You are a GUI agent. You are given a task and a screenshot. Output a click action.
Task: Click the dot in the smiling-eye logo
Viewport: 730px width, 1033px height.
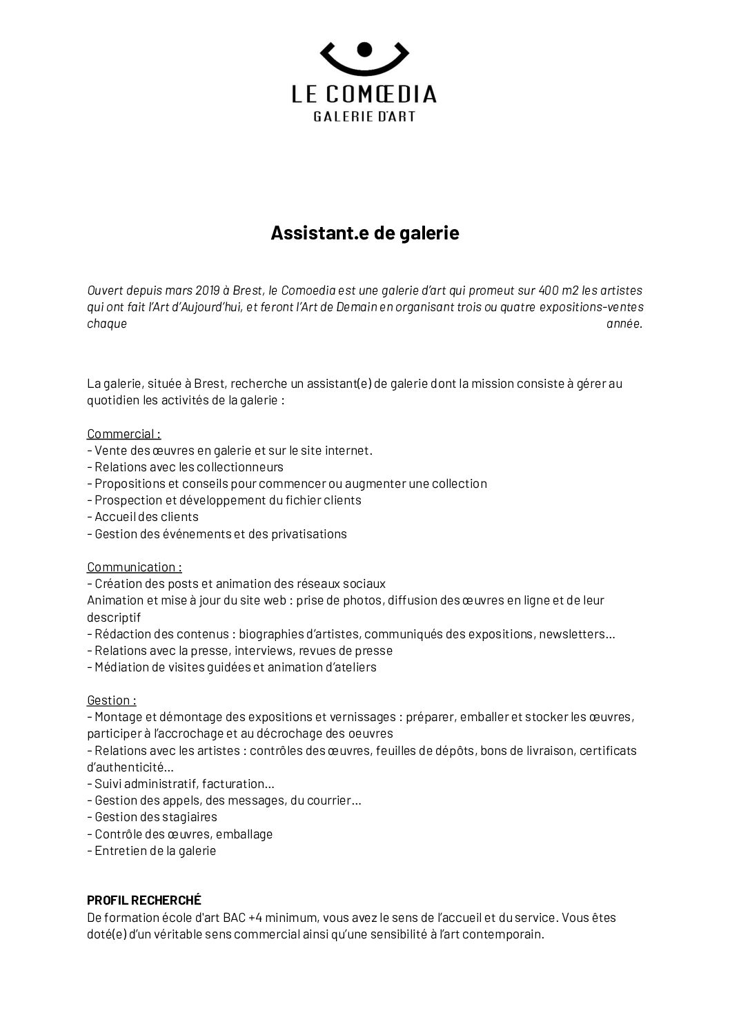(x=365, y=48)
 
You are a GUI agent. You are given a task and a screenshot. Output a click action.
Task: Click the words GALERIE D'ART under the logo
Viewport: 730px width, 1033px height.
(x=364, y=117)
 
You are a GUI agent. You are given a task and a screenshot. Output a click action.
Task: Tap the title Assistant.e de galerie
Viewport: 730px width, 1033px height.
(x=364, y=233)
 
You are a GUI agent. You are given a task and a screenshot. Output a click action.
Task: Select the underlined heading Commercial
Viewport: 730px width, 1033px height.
(x=124, y=434)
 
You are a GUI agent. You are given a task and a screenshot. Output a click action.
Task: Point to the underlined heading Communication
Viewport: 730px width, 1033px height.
(x=134, y=567)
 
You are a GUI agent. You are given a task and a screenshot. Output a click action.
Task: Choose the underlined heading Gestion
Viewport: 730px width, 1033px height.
(x=111, y=700)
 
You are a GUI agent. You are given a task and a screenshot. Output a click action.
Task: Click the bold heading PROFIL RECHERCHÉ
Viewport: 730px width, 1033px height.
(x=144, y=900)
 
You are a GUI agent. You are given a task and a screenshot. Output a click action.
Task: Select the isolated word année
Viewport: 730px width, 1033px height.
(x=624, y=324)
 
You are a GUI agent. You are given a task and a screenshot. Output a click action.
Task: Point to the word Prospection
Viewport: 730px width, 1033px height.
(x=126, y=500)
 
